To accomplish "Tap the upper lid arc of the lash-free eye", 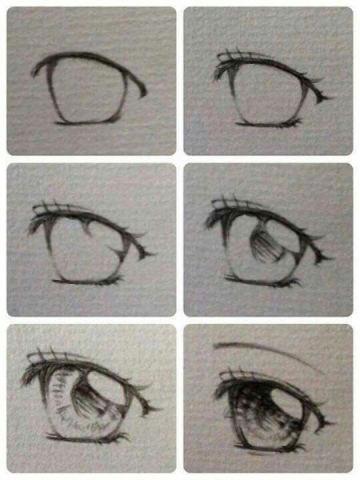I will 88,58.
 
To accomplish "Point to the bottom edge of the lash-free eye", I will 84,121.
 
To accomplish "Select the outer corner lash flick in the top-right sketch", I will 322,96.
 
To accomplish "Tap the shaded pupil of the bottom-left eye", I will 92,400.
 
